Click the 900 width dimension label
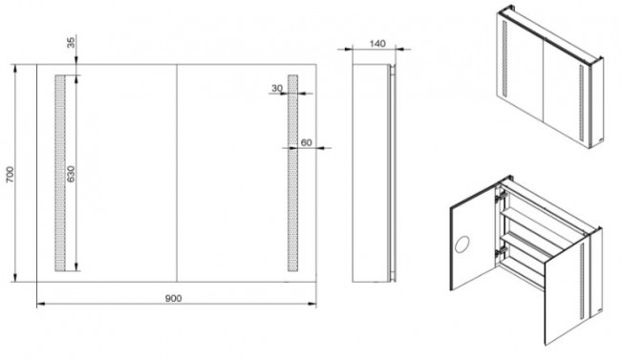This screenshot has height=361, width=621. tap(173, 298)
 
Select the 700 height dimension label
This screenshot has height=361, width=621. tap(10, 175)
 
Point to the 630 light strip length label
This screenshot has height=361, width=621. tap(70, 174)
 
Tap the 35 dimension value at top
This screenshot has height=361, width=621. tap(71, 42)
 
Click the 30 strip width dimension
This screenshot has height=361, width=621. tap(277, 88)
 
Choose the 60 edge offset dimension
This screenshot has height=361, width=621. tap(306, 142)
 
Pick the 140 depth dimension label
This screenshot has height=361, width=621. tap(377, 44)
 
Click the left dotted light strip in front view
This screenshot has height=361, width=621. tap(60, 173)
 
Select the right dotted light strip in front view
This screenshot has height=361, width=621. tap(292, 173)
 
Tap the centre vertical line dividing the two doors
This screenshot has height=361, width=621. tap(176, 173)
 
